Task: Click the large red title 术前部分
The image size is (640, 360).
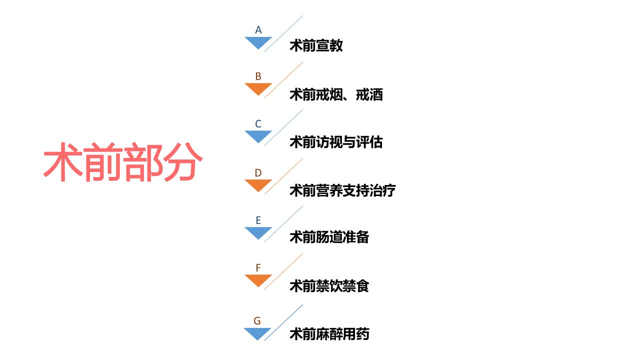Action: [123, 162]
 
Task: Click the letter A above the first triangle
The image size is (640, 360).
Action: [258, 29]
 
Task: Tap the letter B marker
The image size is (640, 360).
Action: [258, 76]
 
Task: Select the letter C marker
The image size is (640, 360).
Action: [258, 123]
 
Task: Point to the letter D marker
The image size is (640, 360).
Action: [258, 173]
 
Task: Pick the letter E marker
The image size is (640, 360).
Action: [258, 220]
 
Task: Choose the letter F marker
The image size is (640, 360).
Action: [258, 267]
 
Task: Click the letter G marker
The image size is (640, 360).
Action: [257, 320]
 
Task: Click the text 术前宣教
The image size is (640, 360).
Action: [316, 45]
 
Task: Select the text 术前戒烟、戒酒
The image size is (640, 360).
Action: [336, 94]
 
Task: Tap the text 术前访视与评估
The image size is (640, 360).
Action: [336, 142]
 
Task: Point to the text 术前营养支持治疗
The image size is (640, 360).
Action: [343, 190]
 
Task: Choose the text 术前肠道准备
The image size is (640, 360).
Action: [329, 237]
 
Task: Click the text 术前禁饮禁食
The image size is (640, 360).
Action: [329, 286]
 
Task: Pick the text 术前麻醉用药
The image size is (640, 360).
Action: [329, 334]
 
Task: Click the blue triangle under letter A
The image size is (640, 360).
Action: [258, 41]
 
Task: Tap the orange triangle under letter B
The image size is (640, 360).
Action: [258, 87]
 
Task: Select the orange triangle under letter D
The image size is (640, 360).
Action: [258, 184]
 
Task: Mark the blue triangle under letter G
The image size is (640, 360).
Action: [257, 332]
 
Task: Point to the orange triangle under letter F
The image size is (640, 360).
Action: [258, 279]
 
